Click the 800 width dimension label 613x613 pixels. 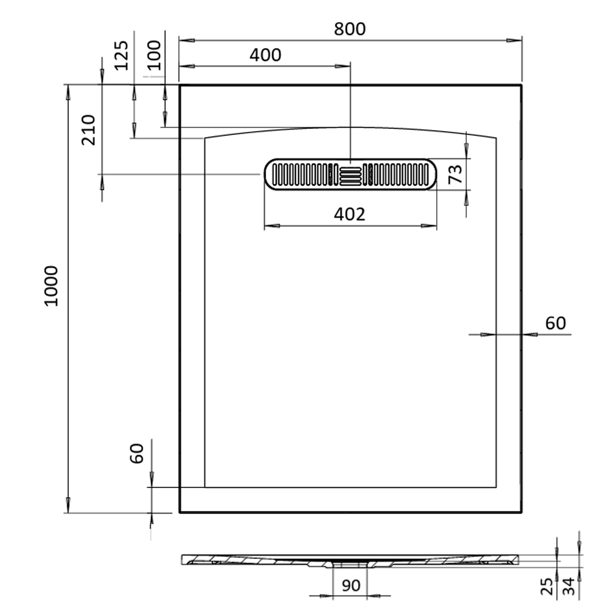pyautogui.click(x=349, y=29)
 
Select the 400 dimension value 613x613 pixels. pyautogui.click(x=265, y=55)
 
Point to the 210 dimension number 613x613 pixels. pyautogui.click(x=88, y=130)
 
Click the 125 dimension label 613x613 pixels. pyautogui.click(x=121, y=55)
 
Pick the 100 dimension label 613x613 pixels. pyautogui.click(x=155, y=55)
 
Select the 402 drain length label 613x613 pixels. pyautogui.click(x=349, y=215)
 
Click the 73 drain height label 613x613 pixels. pyautogui.click(x=455, y=174)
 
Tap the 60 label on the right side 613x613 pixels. pyautogui.click(x=555, y=323)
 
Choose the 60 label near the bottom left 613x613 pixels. pyautogui.click(x=137, y=454)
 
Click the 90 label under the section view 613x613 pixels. pyautogui.click(x=351, y=586)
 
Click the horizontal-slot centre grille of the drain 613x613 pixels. pyautogui.click(x=350, y=177)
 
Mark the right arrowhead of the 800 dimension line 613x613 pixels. pyautogui.click(x=513, y=41)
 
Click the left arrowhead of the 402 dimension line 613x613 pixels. pyautogui.click(x=272, y=226)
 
